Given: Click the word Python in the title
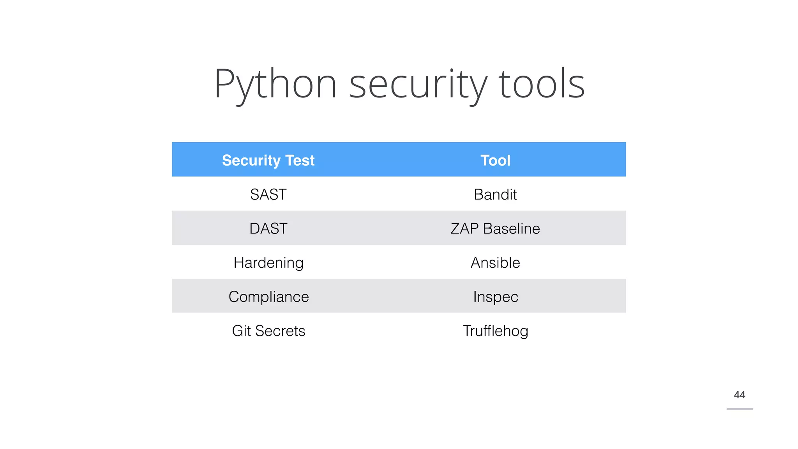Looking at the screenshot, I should coord(275,84).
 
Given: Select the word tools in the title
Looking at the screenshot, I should coord(542,84).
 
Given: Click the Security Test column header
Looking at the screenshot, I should coord(268,160).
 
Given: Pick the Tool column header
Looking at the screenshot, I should coord(495,160).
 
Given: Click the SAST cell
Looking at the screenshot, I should coord(268,194).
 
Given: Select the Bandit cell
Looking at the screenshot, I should coord(495,194).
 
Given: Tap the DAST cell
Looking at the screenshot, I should coord(268,228).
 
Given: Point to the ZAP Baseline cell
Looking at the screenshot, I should coord(495,228).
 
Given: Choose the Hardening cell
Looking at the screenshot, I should coord(268,263).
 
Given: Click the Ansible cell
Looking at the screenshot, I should coord(495,263).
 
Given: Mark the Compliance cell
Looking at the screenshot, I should coord(268,297).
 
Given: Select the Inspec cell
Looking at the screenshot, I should coord(496,297).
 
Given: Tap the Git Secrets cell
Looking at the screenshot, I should coord(268,331).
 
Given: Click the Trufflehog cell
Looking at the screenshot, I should coord(495,331).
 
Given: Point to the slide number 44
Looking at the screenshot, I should coord(739,395).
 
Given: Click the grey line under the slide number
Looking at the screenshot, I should coord(740,409).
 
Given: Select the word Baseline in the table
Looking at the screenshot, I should coord(511,228).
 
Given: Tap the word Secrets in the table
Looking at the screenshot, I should coord(280,331).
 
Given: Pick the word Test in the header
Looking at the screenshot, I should coord(300,160).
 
